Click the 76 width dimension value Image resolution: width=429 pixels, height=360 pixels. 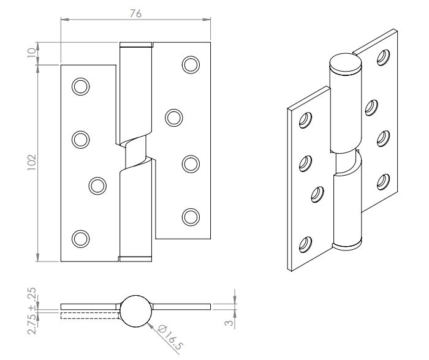pos(135,13)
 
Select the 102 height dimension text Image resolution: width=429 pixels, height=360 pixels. pos(32,162)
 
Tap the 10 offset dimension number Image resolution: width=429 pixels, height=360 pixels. pos(32,53)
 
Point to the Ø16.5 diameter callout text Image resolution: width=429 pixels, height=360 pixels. pos(170,338)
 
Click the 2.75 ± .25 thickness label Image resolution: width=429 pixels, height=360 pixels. pos(32,310)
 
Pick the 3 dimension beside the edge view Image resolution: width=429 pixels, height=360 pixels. pos(229,323)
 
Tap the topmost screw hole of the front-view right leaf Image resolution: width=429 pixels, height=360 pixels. pos(191,65)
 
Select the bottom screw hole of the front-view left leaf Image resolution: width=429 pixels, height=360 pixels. pos(80,239)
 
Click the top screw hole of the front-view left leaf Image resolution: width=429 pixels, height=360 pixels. pos(80,87)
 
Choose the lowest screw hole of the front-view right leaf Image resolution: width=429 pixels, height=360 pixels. pos(191,217)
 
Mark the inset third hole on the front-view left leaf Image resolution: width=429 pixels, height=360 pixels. pos(97,186)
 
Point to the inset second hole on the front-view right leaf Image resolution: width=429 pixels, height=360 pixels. pos(174,118)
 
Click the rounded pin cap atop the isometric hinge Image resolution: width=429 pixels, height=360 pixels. pos(346,64)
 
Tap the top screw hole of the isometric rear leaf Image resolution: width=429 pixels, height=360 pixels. pos(383,58)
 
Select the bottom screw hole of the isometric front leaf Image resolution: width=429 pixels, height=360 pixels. pos(305,244)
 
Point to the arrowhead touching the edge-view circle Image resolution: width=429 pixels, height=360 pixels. pos(151,326)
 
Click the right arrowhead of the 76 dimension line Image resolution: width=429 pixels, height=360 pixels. pos(207,20)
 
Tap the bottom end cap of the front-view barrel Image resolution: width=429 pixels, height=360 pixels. pos(135,259)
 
